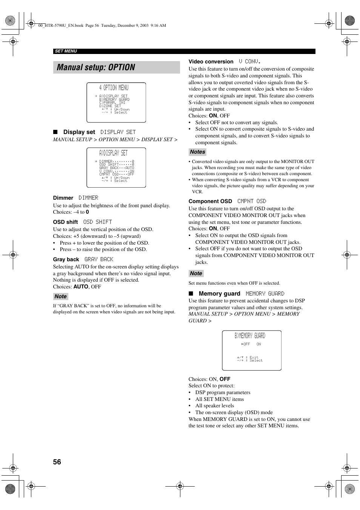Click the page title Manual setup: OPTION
pyautogui.click(x=96, y=68)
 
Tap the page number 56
pyautogui.click(x=57, y=462)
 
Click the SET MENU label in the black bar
pyautogui.click(x=66, y=51)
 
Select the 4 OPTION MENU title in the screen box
pyautogui.click(x=114, y=88)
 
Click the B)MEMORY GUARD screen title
pyautogui.click(x=249, y=336)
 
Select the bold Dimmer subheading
pyautogui.click(x=63, y=198)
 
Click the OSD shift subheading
pyautogui.click(x=65, y=222)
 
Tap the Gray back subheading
pyautogui.click(x=66, y=259)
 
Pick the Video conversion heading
pyautogui.click(x=211, y=62)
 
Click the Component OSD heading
pyautogui.click(x=210, y=201)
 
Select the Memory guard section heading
pyautogui.click(x=219, y=294)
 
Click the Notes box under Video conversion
pyautogui.click(x=197, y=152)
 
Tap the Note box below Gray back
pyautogui.click(x=60, y=296)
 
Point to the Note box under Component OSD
pyautogui.click(x=196, y=273)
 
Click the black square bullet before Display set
pyautogui.click(x=55, y=132)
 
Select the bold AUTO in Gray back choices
pyautogui.click(x=81, y=287)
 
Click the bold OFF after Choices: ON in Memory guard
pyautogui.click(x=225, y=379)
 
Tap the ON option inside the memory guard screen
pyautogui.click(x=258, y=344)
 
